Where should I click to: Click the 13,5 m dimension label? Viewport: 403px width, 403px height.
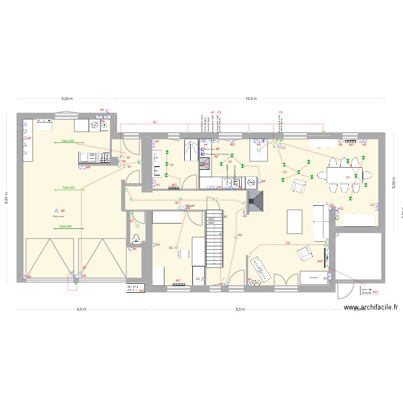(251, 99)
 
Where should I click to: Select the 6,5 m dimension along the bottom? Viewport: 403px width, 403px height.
(81, 310)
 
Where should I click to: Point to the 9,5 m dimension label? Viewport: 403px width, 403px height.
(240, 310)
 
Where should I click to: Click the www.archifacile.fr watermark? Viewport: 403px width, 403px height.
(371, 308)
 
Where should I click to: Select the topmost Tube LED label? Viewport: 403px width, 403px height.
(68, 141)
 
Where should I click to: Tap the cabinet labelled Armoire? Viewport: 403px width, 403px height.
(314, 277)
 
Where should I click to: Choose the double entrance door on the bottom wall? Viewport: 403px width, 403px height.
(285, 280)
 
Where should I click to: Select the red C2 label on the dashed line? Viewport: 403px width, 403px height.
(288, 243)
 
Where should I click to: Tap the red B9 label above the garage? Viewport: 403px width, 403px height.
(102, 110)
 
